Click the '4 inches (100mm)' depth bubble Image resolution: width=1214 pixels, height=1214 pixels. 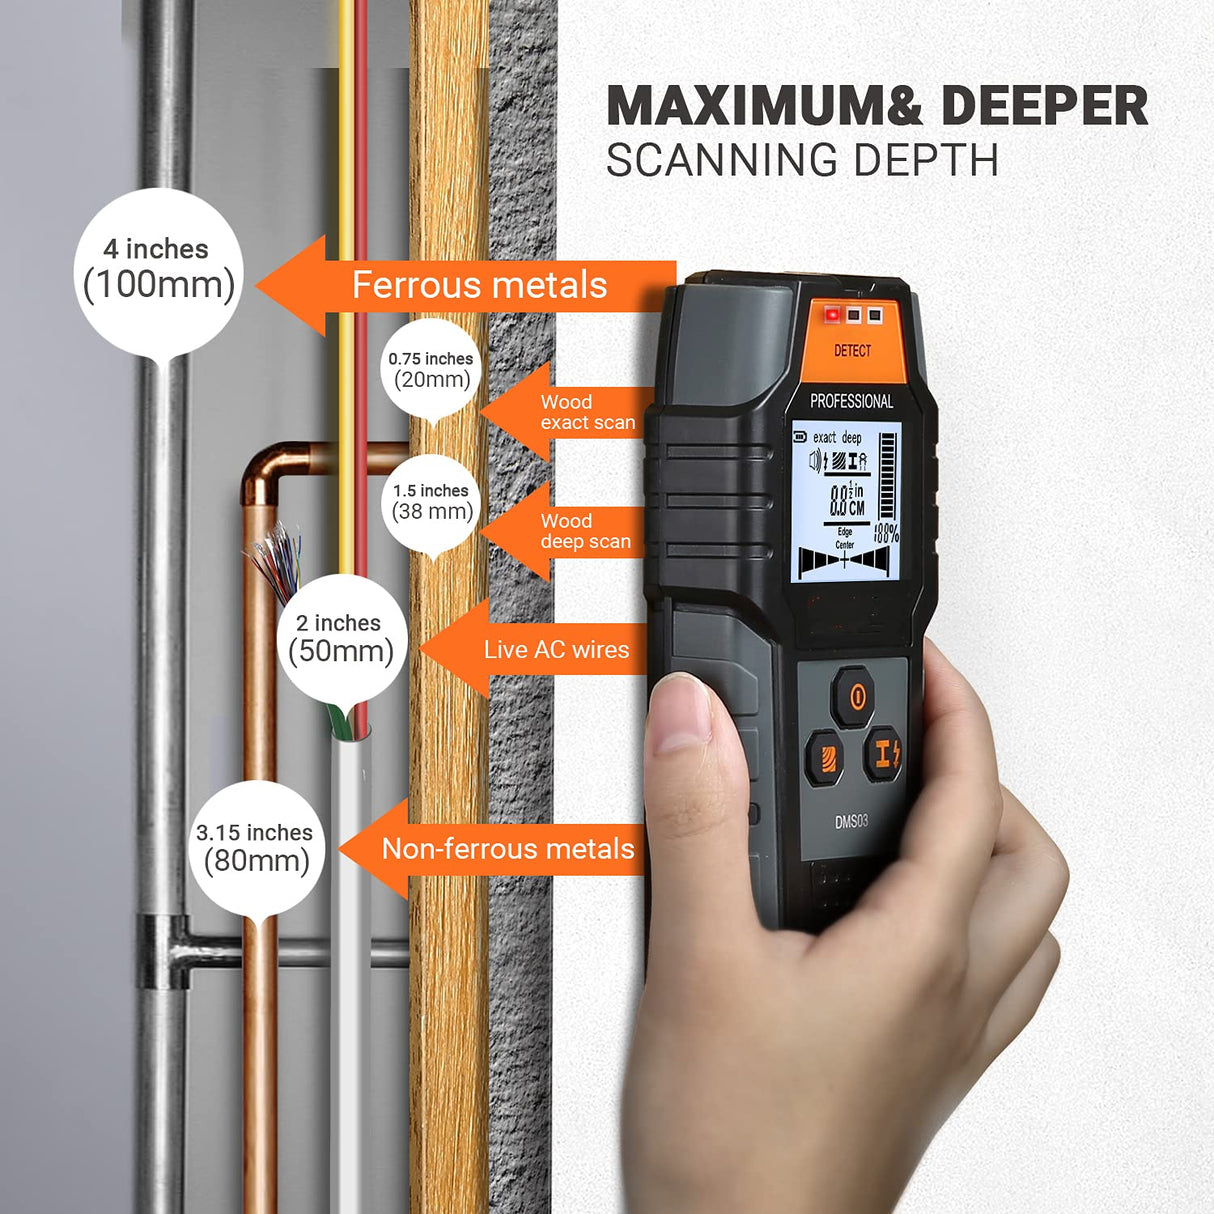pos(158,269)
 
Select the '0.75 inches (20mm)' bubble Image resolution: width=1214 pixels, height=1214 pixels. pos(431,369)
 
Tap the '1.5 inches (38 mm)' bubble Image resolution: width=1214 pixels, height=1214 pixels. pos(431,502)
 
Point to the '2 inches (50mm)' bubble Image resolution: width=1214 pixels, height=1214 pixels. pos(341,638)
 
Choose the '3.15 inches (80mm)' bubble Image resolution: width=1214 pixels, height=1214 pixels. pos(256,847)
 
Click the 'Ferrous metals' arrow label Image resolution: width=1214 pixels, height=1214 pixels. pos(479,286)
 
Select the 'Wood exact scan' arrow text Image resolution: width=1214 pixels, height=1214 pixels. pos(587,412)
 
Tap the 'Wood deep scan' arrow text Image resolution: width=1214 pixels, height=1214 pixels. pos(585,531)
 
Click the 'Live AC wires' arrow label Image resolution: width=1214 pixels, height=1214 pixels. pos(556,649)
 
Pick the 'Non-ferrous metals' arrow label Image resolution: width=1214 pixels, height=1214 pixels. pos(508,849)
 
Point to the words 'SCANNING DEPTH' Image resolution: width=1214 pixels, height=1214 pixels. pos(802,161)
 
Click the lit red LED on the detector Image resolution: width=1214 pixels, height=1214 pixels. pos(831,315)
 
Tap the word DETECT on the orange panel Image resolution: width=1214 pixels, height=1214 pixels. pos(852,351)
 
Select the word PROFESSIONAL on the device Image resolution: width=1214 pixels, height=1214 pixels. pos(851,401)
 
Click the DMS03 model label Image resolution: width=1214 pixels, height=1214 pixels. pos(851,821)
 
